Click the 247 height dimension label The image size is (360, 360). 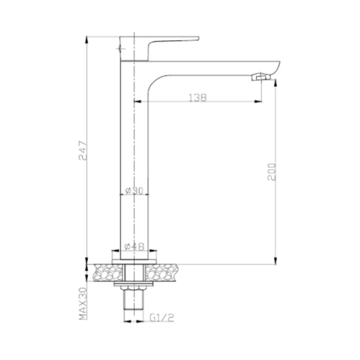pos(83,150)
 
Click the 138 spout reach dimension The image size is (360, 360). pos(198,98)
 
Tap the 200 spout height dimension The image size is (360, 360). pos(272,172)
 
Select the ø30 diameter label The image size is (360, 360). pos(134,190)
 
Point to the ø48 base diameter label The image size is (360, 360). pos(134,247)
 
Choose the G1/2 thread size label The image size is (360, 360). pos(162,318)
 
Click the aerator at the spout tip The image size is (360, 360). pos(261,76)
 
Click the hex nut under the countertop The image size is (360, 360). pos(134,288)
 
